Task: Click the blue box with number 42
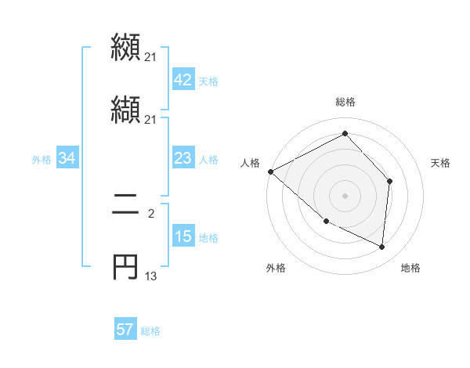pos(183,80)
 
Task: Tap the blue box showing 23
pos(183,159)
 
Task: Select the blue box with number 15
pos(183,237)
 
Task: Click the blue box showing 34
pos(67,159)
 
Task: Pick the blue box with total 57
pos(125,330)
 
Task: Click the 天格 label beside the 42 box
pos(208,81)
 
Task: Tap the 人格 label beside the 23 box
pos(208,160)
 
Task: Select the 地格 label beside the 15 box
pos(208,238)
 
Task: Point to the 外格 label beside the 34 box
pos(42,160)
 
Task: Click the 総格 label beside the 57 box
pos(150,330)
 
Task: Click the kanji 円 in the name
pos(125,266)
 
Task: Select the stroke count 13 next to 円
pos(151,276)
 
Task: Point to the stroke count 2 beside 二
pos(150,212)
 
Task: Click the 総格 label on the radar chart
pos(345,102)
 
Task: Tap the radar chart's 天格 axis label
pos(441,163)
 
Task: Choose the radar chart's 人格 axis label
pos(251,163)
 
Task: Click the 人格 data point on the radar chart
pos(270,171)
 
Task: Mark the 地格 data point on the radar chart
pos(381,247)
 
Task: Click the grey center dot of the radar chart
pos(345,195)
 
